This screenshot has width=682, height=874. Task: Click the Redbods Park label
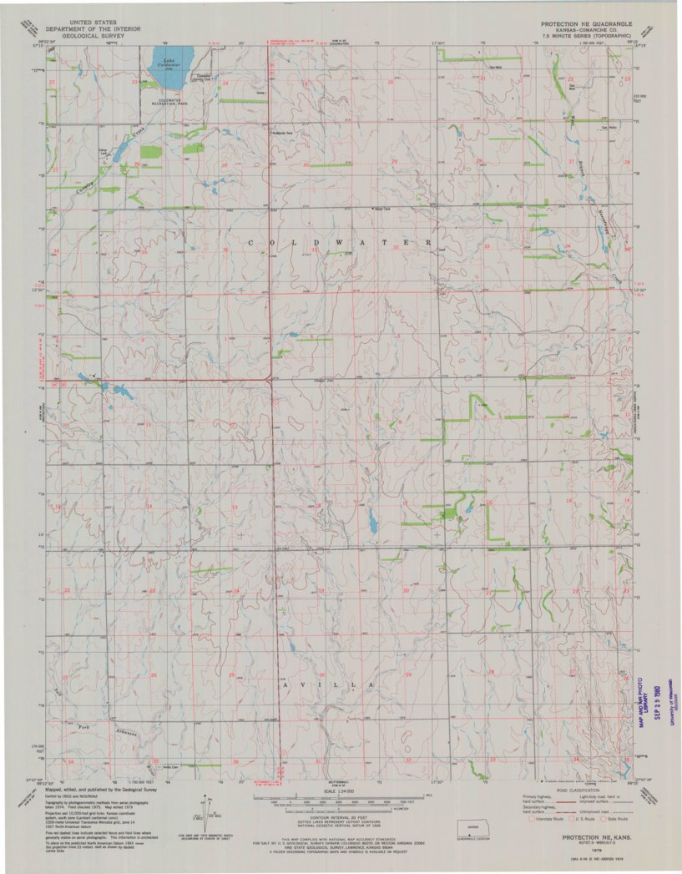tap(281, 132)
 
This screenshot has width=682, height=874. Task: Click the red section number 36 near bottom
tap(235, 761)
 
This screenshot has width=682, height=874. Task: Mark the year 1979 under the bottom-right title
tap(595, 843)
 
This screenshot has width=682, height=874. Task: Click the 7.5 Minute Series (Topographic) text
tap(585, 38)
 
